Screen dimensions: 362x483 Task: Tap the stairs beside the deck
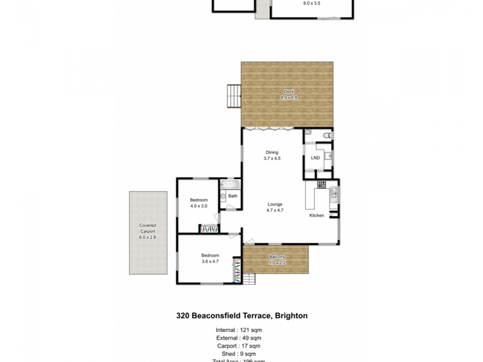(x=233, y=95)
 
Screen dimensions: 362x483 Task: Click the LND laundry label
(x=315, y=158)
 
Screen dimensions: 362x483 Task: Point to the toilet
(x=327, y=135)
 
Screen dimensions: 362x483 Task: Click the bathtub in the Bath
(x=230, y=185)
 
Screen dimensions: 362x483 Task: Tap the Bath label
(x=232, y=196)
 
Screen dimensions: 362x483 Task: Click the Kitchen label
(x=317, y=215)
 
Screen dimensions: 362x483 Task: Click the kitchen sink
(x=333, y=194)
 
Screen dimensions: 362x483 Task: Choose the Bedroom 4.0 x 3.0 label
(x=199, y=203)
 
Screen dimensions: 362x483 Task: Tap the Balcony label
(x=278, y=259)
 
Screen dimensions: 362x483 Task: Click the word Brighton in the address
(x=292, y=315)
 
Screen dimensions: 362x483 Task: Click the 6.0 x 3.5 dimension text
(x=311, y=3)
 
